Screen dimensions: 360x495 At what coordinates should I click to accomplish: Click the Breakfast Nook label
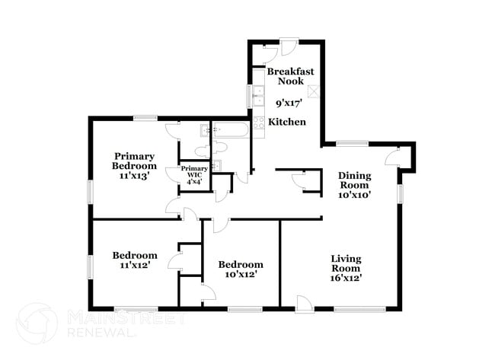click(x=285, y=76)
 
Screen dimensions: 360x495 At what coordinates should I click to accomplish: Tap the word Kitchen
click(x=287, y=122)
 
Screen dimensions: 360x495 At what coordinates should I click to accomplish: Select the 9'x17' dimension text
click(x=286, y=100)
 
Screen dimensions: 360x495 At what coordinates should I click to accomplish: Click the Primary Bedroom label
click(x=134, y=161)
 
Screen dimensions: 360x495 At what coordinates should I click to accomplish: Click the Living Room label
click(x=346, y=264)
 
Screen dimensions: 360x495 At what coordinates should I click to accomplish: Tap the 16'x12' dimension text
click(x=346, y=278)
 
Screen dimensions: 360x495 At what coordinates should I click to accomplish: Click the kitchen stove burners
click(x=259, y=122)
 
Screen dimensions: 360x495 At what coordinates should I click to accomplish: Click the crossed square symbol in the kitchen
click(x=312, y=92)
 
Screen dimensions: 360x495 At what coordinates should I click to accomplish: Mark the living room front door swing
click(x=303, y=305)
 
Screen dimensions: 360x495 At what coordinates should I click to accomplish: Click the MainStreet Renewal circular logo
click(x=36, y=323)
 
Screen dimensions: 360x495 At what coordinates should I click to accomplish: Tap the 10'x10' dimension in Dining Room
click(x=354, y=195)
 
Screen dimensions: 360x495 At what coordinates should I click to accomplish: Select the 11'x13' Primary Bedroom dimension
click(x=134, y=175)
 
